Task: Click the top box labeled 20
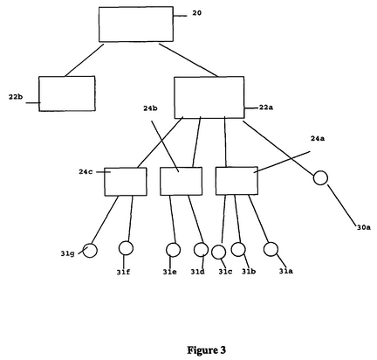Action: coord(136,24)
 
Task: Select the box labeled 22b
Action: coord(67,93)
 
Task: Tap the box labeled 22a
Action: coord(209,97)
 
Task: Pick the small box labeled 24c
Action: coord(126,182)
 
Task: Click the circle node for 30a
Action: coord(320,177)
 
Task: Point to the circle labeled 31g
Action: coord(90,250)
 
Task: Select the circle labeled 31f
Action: coord(126,248)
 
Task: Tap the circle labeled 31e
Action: coord(173,250)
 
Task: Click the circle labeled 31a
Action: coord(271,249)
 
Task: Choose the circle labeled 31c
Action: coord(218,252)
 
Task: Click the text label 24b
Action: coord(150,108)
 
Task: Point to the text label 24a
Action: coord(318,138)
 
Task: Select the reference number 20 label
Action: coord(196,13)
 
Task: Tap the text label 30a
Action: coord(364,227)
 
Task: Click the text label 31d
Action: coord(198,272)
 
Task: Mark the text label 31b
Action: coord(249,271)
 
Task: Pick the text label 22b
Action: coord(16,97)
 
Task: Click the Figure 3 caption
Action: coord(206,350)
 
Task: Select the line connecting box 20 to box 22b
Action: coord(85,60)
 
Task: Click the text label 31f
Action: coord(123,272)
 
